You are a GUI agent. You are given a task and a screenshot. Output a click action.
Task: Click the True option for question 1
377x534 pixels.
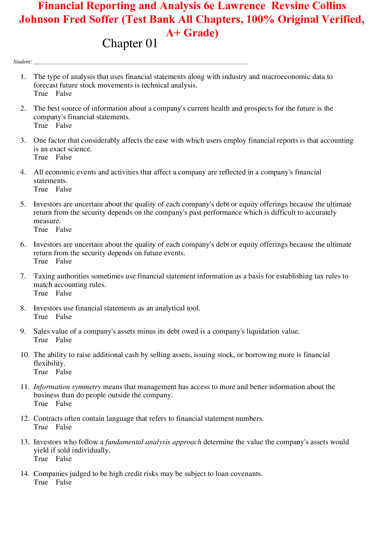[x=41, y=94]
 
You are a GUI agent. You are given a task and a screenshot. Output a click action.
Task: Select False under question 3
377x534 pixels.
[x=64, y=157]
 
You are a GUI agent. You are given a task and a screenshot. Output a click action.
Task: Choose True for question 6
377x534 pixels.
[x=41, y=261]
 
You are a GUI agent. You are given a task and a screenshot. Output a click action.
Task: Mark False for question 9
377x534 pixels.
[x=64, y=340]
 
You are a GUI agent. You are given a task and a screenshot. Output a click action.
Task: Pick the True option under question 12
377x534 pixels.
[x=41, y=427]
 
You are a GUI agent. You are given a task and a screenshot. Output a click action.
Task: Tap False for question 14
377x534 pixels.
[x=64, y=482]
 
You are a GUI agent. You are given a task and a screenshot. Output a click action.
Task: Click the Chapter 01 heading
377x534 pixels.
[x=130, y=43]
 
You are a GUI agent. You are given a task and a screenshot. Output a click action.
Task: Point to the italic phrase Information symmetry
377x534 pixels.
[x=67, y=387]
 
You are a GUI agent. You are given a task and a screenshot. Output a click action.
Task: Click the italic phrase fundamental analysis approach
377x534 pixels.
[x=153, y=442]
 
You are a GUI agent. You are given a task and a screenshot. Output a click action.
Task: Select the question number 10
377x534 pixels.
[x=25, y=355]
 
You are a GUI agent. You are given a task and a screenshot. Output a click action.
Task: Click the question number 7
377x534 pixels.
[x=23, y=276]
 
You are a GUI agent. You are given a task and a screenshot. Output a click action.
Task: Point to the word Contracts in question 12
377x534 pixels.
[x=48, y=419]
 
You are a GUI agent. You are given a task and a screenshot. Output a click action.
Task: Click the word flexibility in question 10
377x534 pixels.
[x=49, y=363]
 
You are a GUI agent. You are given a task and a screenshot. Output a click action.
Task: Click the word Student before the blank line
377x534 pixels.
[x=22, y=62]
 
